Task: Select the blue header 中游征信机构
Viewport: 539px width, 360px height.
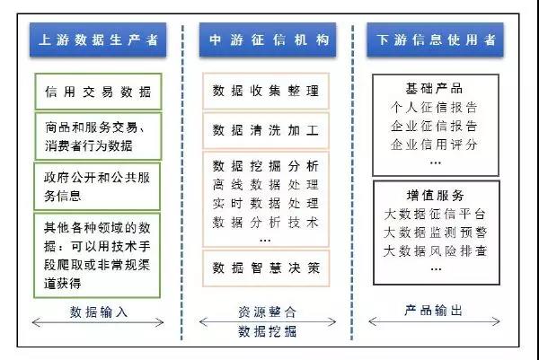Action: (x=267, y=41)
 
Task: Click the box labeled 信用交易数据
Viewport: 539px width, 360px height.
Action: (x=98, y=91)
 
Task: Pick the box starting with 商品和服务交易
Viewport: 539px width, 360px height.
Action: (x=98, y=136)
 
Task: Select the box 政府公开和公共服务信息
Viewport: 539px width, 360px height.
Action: (x=98, y=184)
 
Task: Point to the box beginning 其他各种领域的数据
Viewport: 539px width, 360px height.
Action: (x=98, y=254)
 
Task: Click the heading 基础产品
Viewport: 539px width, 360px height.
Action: (x=434, y=89)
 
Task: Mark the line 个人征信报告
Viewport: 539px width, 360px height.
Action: (x=434, y=108)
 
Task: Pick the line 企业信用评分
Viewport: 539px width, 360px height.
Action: (x=434, y=145)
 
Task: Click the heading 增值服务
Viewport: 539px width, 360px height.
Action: (x=434, y=195)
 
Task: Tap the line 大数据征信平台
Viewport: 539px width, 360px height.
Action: (x=434, y=214)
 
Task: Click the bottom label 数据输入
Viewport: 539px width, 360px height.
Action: (x=98, y=312)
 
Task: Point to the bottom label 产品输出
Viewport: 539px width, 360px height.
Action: (x=434, y=310)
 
